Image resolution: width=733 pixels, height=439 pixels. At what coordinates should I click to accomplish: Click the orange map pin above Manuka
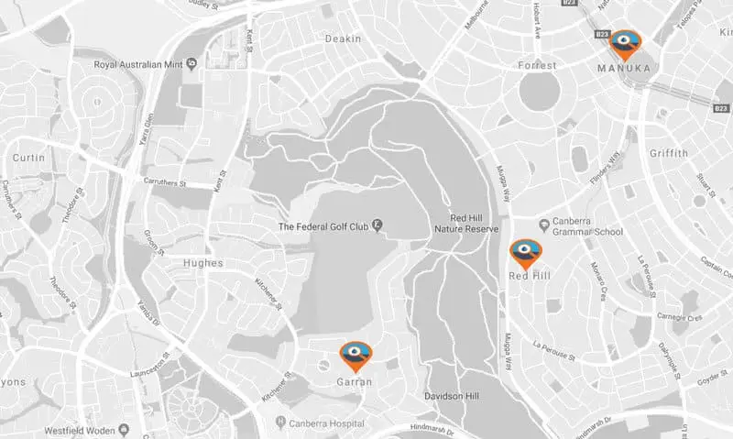point(628,43)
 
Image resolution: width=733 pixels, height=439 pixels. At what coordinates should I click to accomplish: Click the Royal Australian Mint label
point(140,65)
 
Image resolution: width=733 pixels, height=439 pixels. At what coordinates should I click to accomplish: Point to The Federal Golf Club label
point(323,225)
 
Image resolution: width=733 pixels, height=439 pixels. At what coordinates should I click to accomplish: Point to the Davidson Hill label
point(453,396)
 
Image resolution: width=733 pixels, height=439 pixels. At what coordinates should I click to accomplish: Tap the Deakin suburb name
point(344,38)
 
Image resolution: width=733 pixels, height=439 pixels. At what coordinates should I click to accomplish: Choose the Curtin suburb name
point(28,159)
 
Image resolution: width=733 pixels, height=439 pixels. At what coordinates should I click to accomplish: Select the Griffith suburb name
point(666,153)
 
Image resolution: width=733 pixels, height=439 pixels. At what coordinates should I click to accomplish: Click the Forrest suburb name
point(538,65)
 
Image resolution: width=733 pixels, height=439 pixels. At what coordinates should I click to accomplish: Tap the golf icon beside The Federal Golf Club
point(377,225)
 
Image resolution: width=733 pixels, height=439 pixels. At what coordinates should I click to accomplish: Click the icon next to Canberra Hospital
point(280,423)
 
